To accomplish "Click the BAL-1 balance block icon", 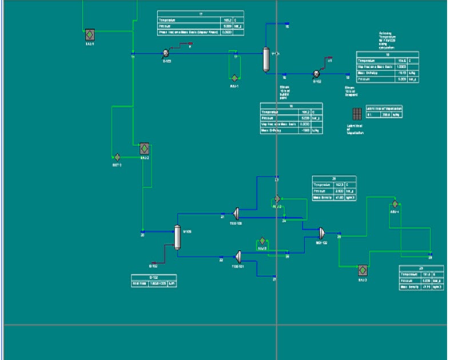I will point(90,34).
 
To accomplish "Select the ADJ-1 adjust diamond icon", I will point(234,77).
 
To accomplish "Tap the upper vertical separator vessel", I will point(266,59).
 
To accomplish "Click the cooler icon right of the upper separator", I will point(316,73).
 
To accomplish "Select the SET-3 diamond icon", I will point(117,157).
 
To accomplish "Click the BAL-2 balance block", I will point(144,149).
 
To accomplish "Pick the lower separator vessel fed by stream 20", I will point(177,237).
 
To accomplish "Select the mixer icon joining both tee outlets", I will point(322,233).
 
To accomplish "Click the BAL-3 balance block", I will point(362,270).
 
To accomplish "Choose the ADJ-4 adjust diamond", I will point(394,203).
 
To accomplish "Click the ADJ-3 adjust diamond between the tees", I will point(262,241).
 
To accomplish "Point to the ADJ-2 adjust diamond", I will point(277,198).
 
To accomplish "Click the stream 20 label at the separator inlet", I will point(142,234).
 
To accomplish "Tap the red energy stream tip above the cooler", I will point(330,59).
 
